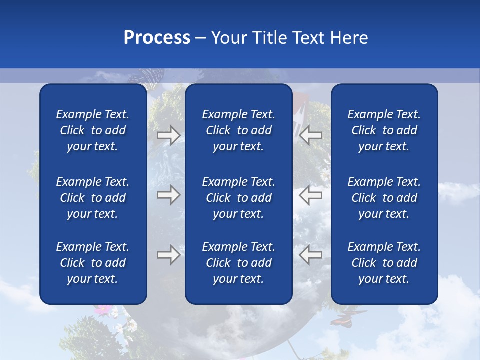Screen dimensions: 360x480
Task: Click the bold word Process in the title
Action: tap(157, 38)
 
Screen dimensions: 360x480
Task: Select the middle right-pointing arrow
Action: tap(168, 195)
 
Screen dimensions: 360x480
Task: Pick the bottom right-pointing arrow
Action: tap(168, 255)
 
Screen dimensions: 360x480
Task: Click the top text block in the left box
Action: tap(93, 130)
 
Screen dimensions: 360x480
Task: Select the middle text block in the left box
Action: tap(93, 198)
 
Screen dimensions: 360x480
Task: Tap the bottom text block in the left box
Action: tap(93, 263)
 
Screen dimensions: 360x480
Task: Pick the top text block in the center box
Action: tap(238, 130)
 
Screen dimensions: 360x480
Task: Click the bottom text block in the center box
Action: tap(238, 263)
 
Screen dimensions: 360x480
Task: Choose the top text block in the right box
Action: tap(384, 130)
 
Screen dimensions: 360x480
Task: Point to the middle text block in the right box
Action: tap(384, 198)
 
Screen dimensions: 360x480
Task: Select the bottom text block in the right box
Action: tap(384, 263)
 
